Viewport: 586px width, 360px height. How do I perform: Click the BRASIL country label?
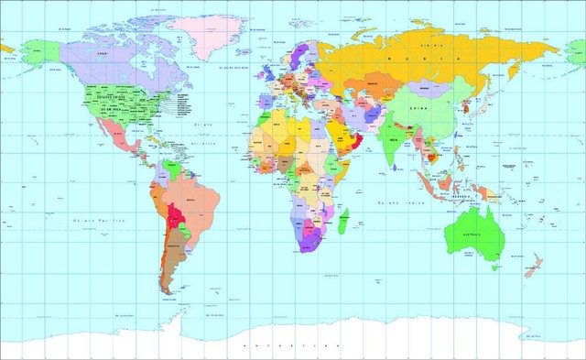click(191, 198)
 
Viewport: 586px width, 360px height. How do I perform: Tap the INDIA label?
click(393, 139)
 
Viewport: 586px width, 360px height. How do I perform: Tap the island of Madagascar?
click(342, 221)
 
